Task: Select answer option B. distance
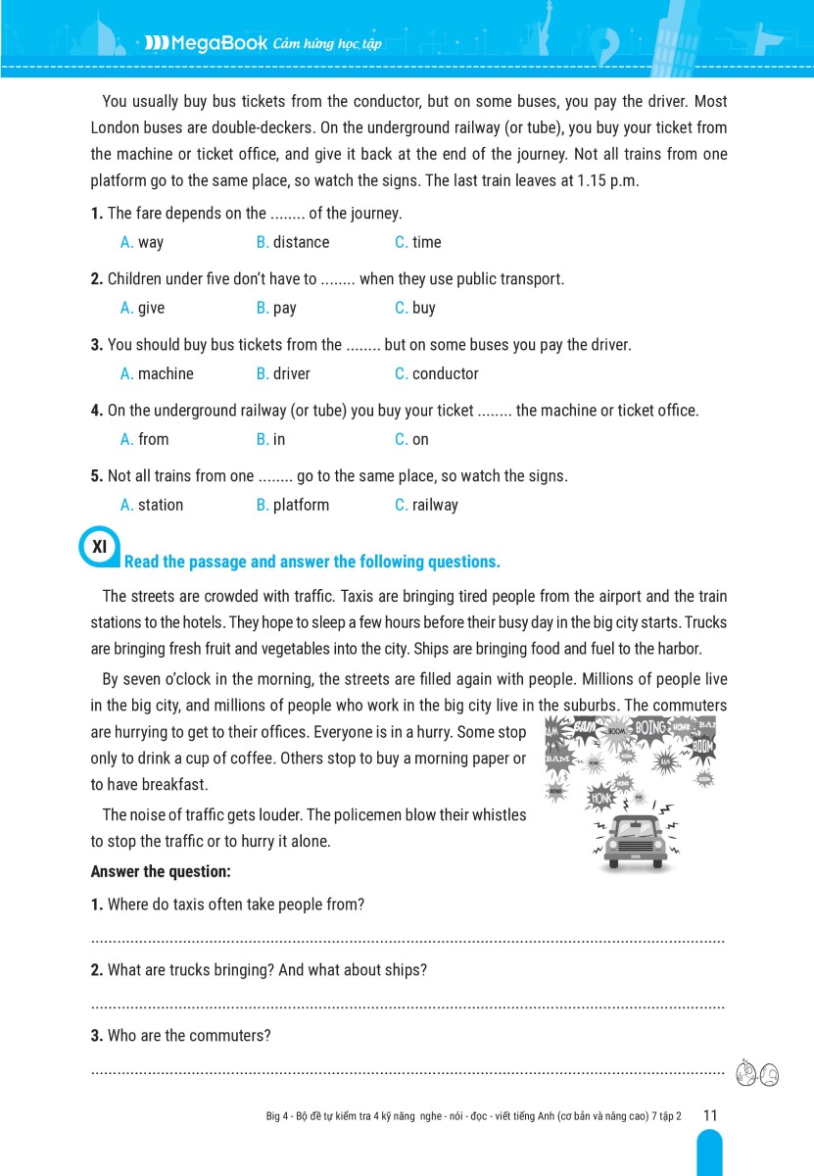293,242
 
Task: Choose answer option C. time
418,242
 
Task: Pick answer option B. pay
276,308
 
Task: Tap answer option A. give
142,308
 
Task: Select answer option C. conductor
437,373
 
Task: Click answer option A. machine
157,373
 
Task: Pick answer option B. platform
293,505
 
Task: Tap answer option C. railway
426,505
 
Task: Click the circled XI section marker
99,548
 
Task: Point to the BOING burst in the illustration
649,728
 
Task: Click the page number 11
710,1115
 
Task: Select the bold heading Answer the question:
161,871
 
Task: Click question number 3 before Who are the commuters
96,1036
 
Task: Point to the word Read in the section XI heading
141,562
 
